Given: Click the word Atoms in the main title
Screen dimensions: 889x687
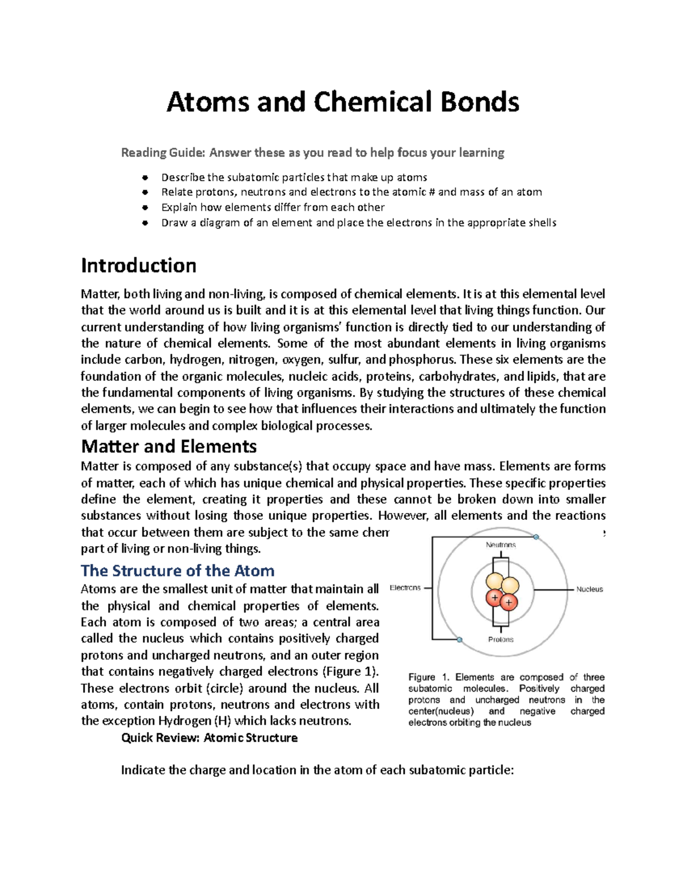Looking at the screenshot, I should tap(208, 102).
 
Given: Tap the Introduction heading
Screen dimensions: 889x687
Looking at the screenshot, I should tap(139, 266).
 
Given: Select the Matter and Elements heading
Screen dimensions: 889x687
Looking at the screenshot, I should tap(169, 446).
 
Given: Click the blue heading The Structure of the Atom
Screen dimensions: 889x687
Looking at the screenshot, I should tap(177, 571).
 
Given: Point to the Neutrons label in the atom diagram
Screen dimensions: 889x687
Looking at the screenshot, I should tap(501, 545).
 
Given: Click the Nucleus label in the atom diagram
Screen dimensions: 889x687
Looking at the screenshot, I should tap(589, 589).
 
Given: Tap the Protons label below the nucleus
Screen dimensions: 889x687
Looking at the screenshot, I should tap(501, 639).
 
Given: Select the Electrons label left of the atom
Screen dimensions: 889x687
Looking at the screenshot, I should tap(405, 588).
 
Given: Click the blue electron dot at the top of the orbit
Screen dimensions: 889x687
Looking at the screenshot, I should tap(536, 537).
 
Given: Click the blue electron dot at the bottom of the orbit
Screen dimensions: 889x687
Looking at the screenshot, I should tap(459, 639).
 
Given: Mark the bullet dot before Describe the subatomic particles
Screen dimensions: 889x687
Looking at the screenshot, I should tap(145, 177).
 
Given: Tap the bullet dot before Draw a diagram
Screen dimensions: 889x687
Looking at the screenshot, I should tap(145, 223).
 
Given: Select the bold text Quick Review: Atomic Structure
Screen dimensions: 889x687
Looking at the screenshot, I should tap(209, 738).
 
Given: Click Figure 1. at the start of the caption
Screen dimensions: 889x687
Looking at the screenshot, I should tap(429, 677).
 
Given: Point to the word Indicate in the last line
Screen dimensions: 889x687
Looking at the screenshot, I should tap(143, 771).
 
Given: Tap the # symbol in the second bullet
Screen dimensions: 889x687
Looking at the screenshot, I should tap(431, 192).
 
